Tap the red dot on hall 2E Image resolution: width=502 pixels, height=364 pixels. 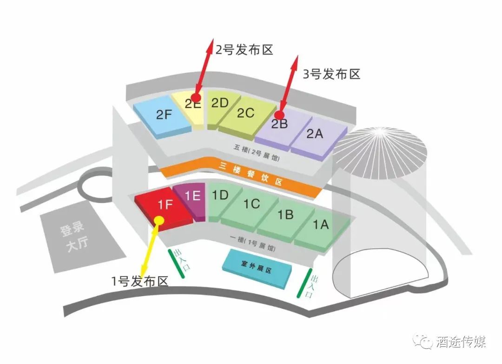[196, 97]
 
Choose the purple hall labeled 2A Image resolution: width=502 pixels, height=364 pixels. [315, 134]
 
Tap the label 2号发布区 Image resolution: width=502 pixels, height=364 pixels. [244, 49]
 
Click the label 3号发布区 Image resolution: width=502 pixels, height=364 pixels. [331, 74]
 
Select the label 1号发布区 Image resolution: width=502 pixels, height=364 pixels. [140, 280]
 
